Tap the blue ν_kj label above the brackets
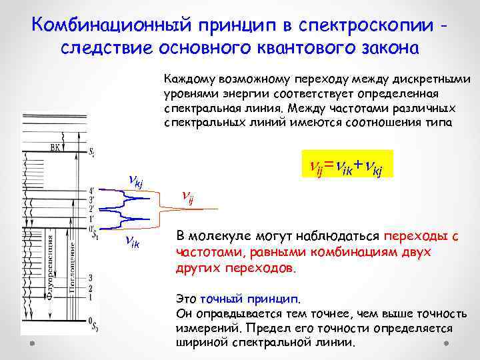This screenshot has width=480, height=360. point(139,178)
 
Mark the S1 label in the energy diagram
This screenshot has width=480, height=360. point(93,235)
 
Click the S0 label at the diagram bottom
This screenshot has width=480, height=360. point(94,325)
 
